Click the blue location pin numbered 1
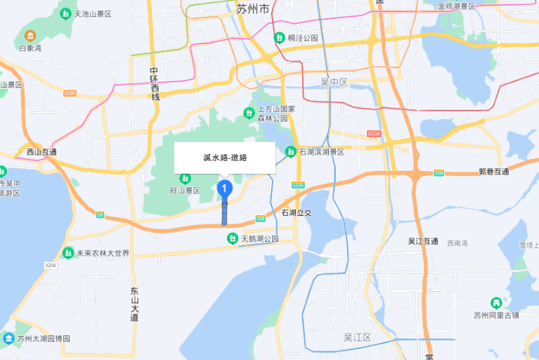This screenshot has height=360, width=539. point(225,188)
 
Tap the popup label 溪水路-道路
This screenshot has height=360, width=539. point(225,157)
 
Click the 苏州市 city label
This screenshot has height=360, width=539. point(252,9)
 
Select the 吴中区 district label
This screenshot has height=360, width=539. point(335,82)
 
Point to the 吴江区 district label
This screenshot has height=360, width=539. point(357,337)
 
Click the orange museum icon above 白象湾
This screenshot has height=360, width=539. point(30,35)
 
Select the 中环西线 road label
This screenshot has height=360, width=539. point(155,83)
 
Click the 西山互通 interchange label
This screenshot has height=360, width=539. point(41,151)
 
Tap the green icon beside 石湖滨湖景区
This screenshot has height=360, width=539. point(290,151)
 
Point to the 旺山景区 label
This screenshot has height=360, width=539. point(186,191)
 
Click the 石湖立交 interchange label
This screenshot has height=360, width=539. point(296,212)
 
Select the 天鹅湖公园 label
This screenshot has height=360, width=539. point(259,239)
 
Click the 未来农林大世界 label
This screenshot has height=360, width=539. point(103,253)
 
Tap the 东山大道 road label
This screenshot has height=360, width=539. point(134,304)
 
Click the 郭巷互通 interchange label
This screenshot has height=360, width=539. point(493,172)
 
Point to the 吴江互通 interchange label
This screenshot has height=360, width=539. point(423,241)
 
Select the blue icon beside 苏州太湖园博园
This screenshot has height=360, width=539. point(8,338)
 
